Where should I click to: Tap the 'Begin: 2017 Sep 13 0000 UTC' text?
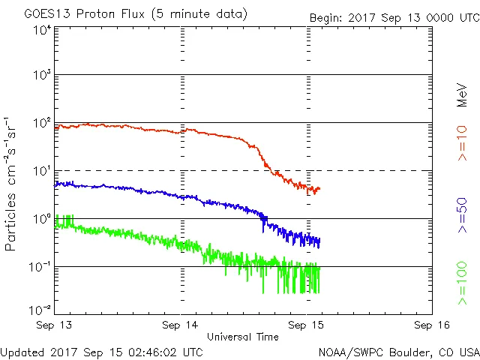pyautogui.click(x=394, y=17)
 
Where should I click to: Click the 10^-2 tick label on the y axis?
pyautogui.click(x=40, y=310)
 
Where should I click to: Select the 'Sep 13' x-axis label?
pyautogui.click(x=58, y=325)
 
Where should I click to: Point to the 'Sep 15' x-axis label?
pyautogui.click(x=307, y=325)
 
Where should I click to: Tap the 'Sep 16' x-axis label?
pyautogui.click(x=430, y=325)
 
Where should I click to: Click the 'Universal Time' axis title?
pyautogui.click(x=242, y=337)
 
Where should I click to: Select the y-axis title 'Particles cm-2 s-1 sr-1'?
pyautogui.click(x=12, y=184)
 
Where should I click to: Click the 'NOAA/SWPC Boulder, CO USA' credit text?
pyautogui.click(x=398, y=351)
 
